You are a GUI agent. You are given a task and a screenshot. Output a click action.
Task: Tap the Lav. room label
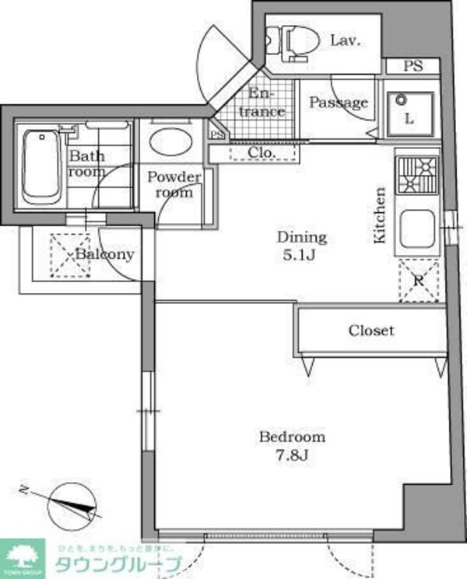click(344, 40)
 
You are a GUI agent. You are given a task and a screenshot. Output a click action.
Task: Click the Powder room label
click(175, 184)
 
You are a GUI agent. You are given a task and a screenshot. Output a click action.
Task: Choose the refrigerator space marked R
click(418, 281)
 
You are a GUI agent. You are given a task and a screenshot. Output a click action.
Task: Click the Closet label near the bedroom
click(371, 330)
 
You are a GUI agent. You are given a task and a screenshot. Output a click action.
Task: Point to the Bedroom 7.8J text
click(292, 446)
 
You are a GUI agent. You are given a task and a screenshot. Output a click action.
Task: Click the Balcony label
click(105, 254)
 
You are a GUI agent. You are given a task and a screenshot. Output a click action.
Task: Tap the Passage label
click(339, 103)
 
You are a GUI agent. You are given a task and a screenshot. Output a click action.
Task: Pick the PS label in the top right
click(413, 66)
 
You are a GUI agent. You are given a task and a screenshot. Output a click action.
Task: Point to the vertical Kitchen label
click(381, 215)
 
